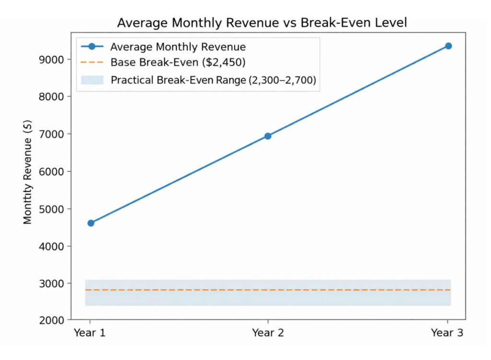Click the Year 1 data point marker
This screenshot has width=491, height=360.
[91, 223]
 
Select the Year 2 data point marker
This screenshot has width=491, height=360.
[268, 136]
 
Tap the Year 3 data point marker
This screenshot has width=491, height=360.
[448, 46]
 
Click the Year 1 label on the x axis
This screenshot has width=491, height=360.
[90, 333]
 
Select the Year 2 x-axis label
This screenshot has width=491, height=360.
[268, 333]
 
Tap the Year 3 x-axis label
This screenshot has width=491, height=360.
[447, 333]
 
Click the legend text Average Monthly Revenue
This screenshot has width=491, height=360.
[178, 47]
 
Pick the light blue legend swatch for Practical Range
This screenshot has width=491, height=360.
[92, 80]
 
